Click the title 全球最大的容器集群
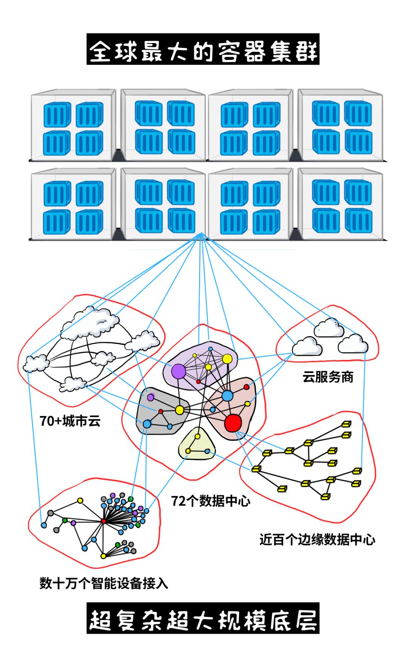[203, 49]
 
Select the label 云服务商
[328, 377]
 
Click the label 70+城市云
[70, 421]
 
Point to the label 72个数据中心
[211, 501]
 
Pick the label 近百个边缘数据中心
[317, 540]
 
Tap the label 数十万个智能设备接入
[104, 583]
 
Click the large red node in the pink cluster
[233, 422]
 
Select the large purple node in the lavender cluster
[178, 372]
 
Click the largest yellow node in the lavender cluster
[227, 359]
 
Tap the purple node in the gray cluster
[151, 397]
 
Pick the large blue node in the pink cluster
[227, 396]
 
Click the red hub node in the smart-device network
[104, 521]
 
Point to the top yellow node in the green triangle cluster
[197, 436]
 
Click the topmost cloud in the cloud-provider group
[329, 327]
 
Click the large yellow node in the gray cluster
[179, 410]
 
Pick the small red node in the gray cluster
[161, 411]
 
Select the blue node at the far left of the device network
[44, 525]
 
